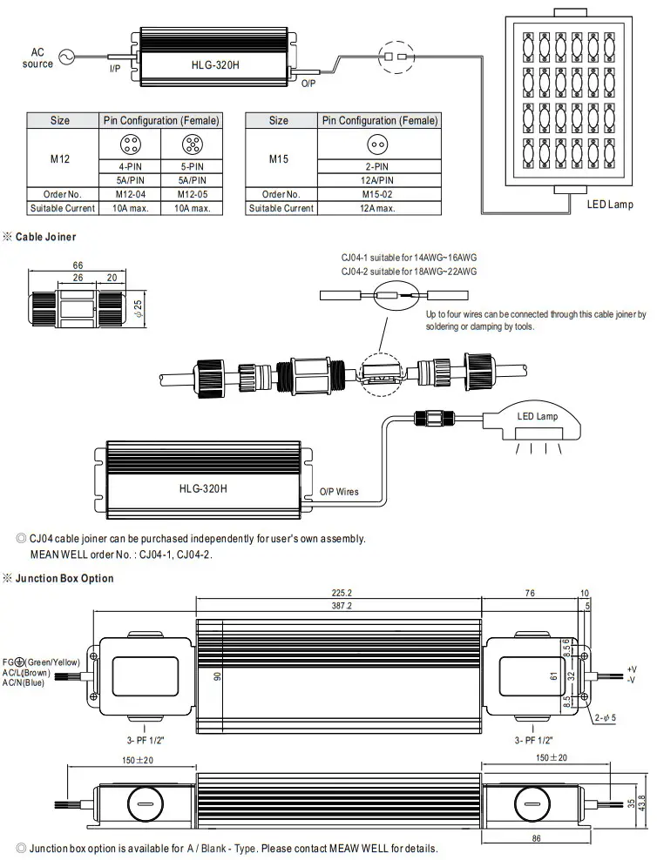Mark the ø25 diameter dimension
click(139, 308)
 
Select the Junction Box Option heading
click(64, 578)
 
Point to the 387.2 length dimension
click(338, 606)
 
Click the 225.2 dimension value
click(338, 593)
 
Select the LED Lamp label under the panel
click(610, 205)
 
